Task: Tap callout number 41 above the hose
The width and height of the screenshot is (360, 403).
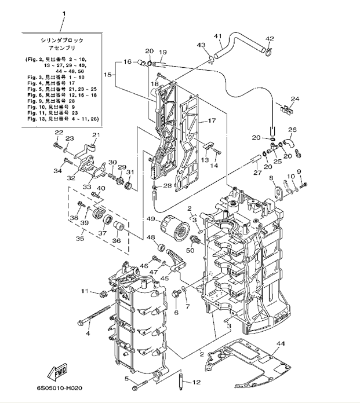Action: pos(218,36)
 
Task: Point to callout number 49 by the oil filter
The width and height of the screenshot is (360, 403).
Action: pos(150,219)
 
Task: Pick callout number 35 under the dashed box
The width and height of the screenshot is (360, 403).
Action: pos(79,238)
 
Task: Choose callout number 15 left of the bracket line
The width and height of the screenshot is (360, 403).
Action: pos(107,75)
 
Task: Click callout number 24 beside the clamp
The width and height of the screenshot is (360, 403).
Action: pos(295,99)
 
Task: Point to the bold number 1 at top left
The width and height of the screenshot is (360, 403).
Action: pos(64,13)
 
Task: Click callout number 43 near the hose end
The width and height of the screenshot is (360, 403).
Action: pos(201,45)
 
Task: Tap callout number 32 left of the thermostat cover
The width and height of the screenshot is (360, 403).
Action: pos(71,178)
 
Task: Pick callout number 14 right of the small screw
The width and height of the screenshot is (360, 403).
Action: pos(214,166)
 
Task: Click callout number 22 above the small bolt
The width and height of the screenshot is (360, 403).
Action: pos(57,133)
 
